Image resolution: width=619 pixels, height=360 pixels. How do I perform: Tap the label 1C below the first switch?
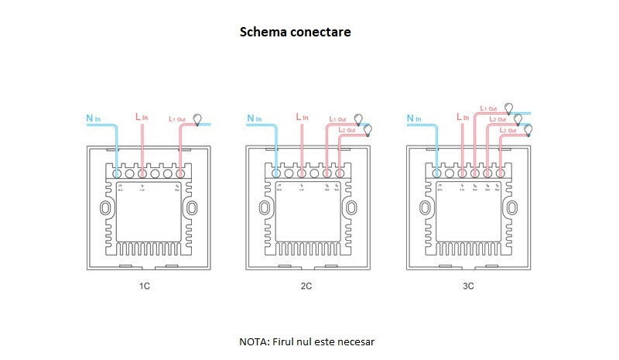pyautogui.click(x=144, y=286)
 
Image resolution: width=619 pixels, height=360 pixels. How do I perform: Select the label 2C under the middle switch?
pyautogui.click(x=306, y=286)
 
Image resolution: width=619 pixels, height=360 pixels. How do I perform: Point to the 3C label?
pyautogui.click(x=467, y=286)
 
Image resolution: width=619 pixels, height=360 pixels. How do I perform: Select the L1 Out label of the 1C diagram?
pyautogui.click(x=176, y=119)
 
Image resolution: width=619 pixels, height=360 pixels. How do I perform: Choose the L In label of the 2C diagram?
pyautogui.click(x=303, y=116)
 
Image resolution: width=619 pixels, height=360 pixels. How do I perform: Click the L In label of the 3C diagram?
pyautogui.click(x=463, y=116)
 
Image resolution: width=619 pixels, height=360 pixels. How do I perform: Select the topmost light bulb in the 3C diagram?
pyautogui.click(x=509, y=108)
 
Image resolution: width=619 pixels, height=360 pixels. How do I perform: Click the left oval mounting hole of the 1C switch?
pyautogui.click(x=105, y=208)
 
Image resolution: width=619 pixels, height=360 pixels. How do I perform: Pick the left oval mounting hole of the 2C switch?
pyautogui.click(x=265, y=208)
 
